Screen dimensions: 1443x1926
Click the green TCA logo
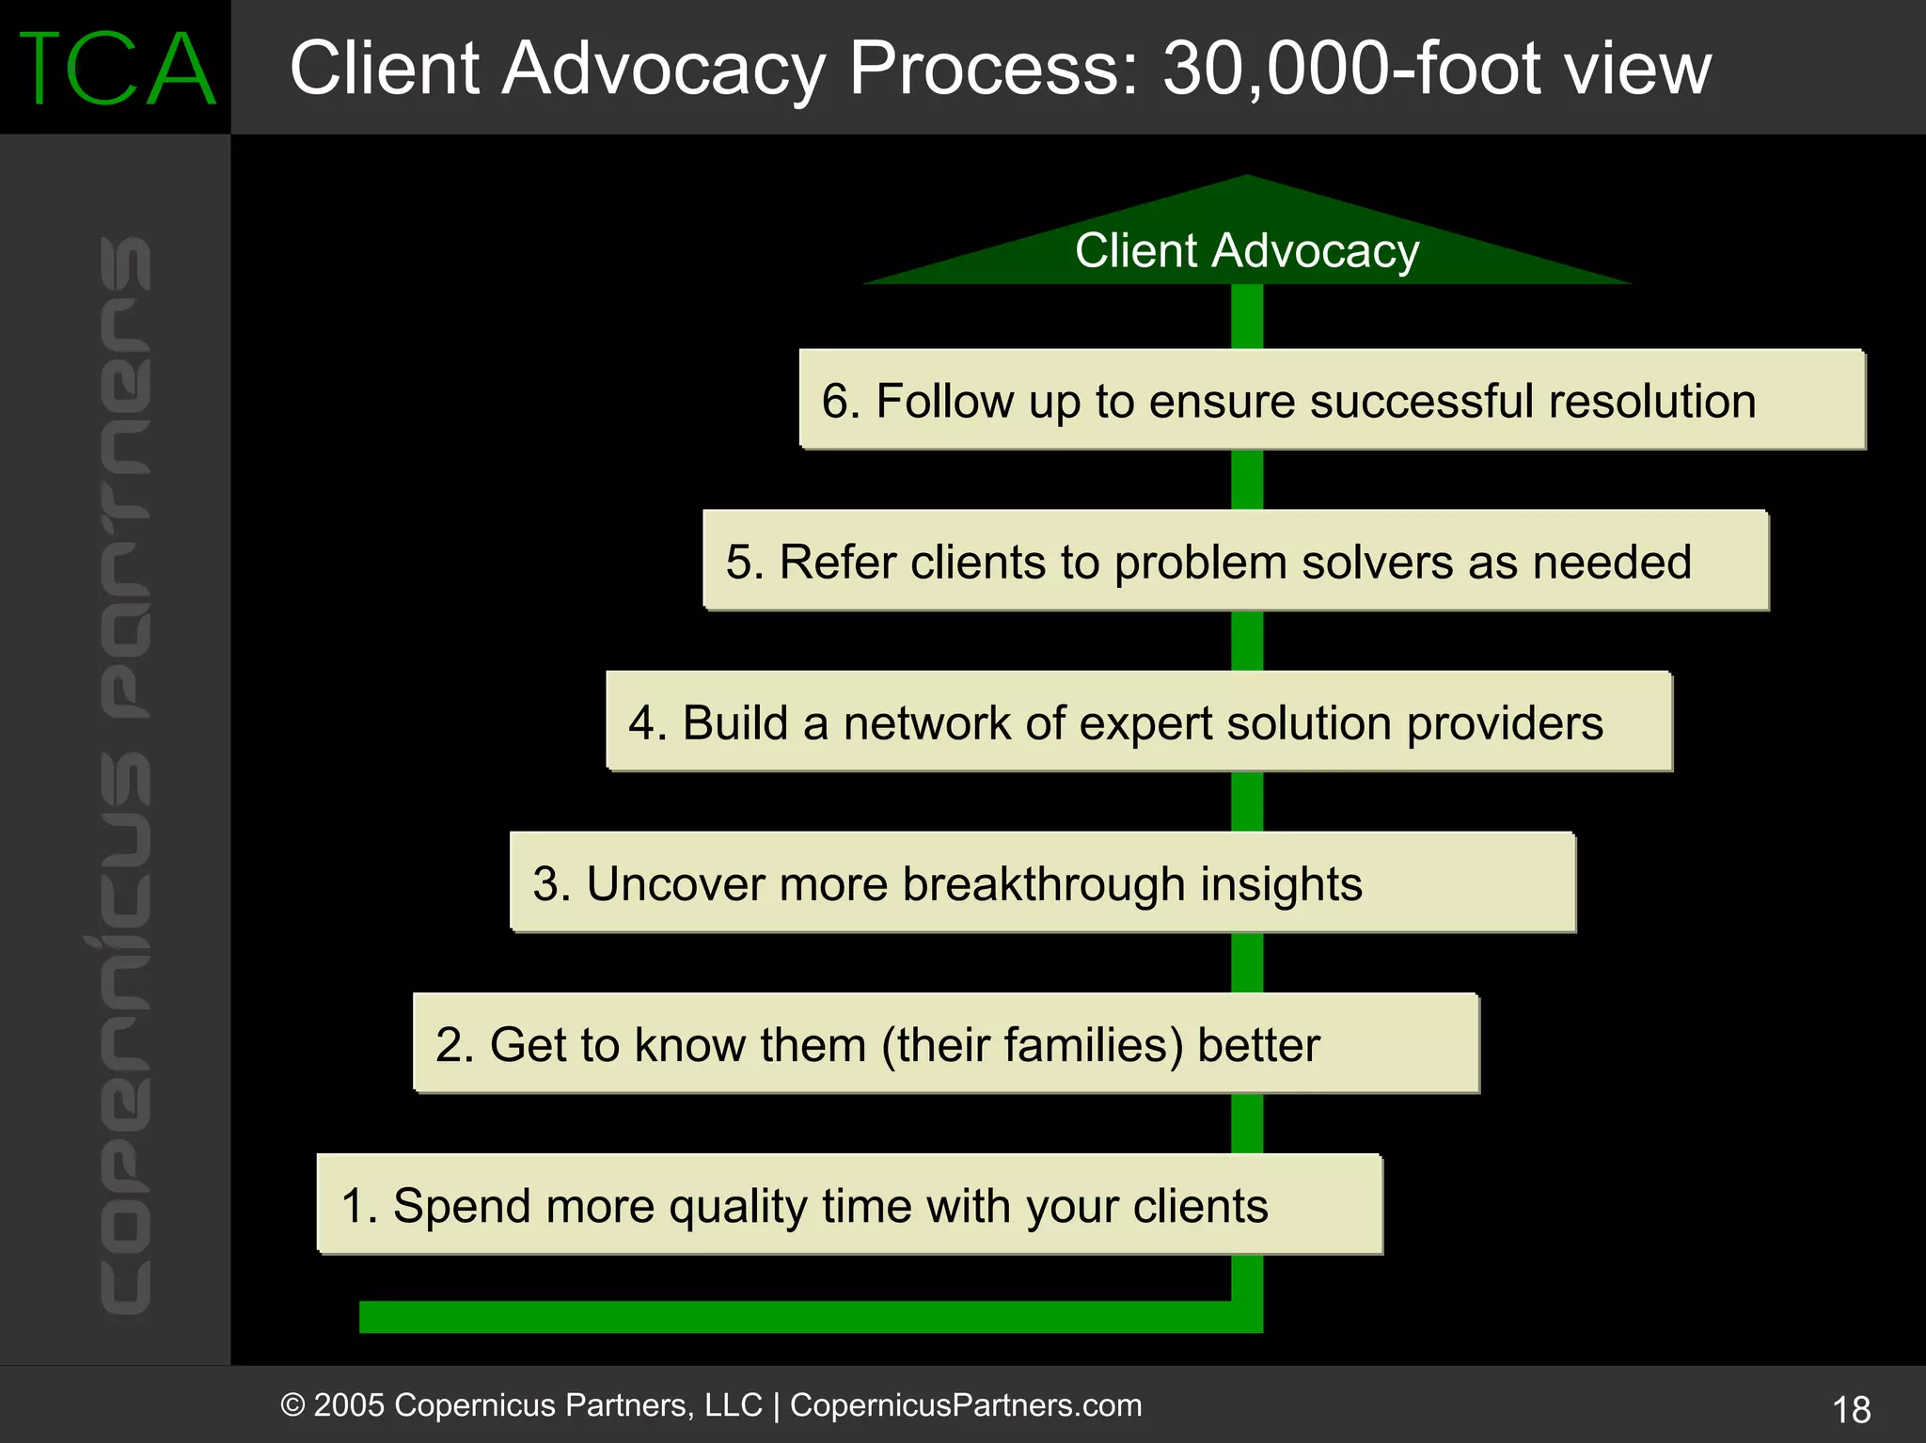pyautogui.click(x=117, y=69)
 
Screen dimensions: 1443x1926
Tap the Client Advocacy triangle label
pyautogui.click(x=1247, y=251)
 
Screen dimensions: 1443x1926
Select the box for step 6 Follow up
pyautogui.click(x=1332, y=400)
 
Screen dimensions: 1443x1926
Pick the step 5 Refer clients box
pyautogui.click(x=1235, y=561)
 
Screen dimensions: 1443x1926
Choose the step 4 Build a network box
pyautogui.click(x=1138, y=721)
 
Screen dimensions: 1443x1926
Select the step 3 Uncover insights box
pyautogui.click(x=1042, y=882)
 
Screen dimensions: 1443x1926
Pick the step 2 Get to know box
pyautogui.click(x=945, y=1043)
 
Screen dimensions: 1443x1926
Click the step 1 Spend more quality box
pyautogui.click(x=849, y=1204)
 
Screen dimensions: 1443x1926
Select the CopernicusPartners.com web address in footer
pyautogui.click(x=966, y=1405)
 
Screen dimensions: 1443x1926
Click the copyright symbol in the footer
pyautogui.click(x=292, y=1405)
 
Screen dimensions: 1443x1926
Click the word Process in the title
pyautogui.click(x=993, y=69)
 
